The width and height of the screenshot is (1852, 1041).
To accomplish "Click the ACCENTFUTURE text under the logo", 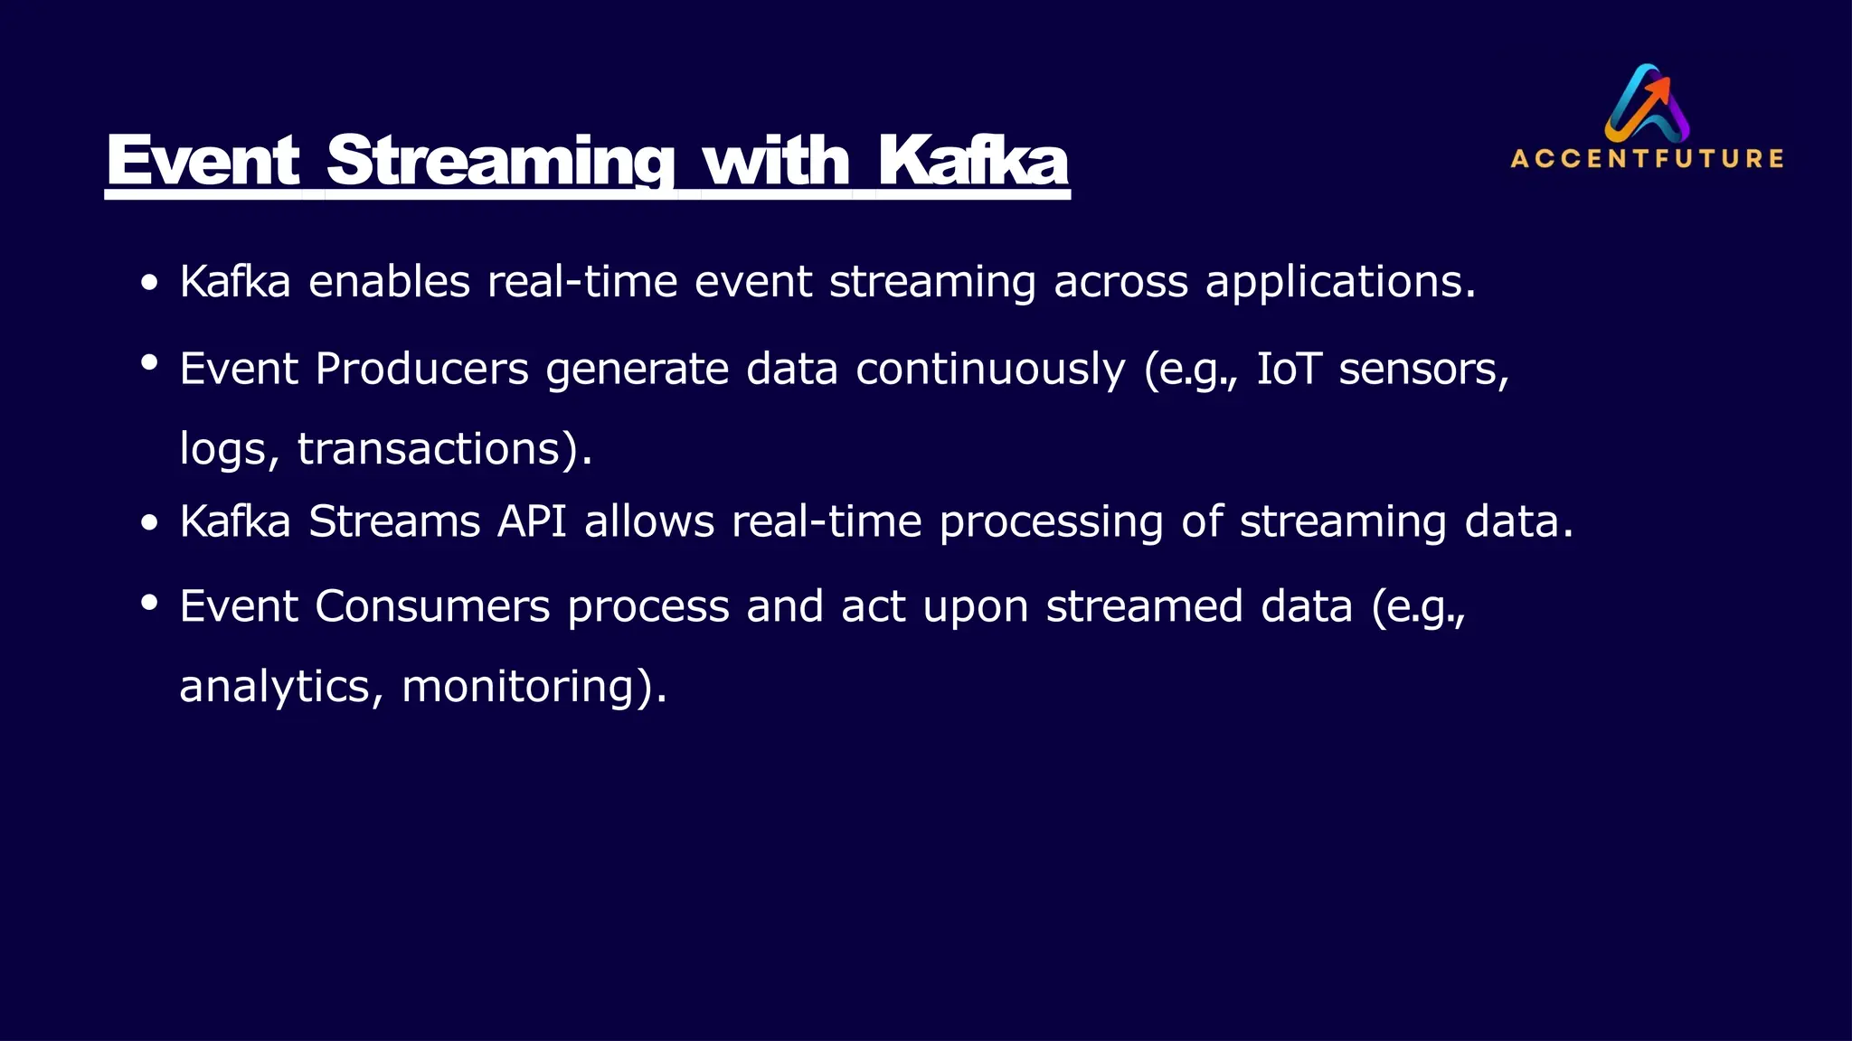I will pyautogui.click(x=1647, y=159).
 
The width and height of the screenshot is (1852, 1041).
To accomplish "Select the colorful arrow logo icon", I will pyautogui.click(x=1648, y=102).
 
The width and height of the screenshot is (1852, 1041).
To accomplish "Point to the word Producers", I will pyautogui.click(x=421, y=369).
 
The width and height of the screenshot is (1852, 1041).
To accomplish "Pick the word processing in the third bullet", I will pyautogui.click(x=1051, y=522).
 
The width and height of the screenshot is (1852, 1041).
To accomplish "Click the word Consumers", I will pyautogui.click(x=432, y=605).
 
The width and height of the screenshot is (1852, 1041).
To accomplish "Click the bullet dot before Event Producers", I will pyautogui.click(x=150, y=363).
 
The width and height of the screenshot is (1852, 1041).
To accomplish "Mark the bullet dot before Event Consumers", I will pyautogui.click(x=150, y=601).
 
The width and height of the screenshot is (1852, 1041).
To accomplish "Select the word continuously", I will pyautogui.click(x=990, y=369).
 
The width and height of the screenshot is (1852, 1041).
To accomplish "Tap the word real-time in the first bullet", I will pyautogui.click(x=582, y=282).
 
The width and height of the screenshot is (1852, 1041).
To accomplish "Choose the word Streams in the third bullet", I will pyautogui.click(x=393, y=521).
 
